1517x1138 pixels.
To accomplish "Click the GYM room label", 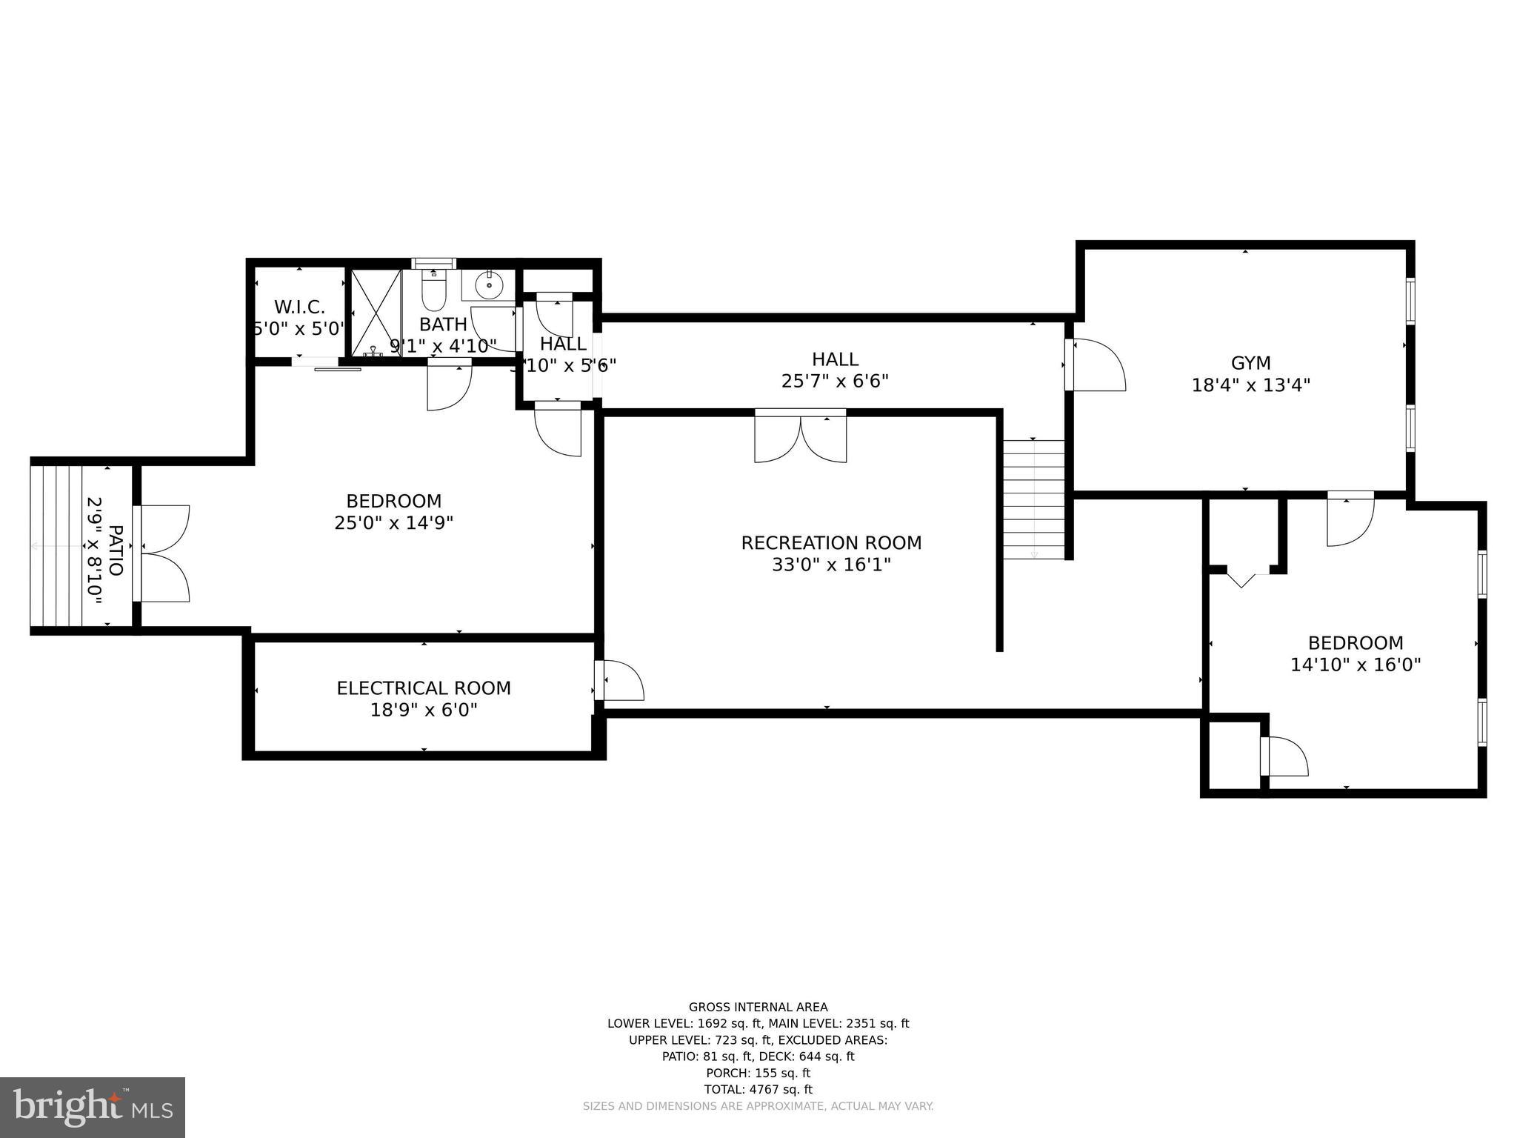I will [x=1250, y=363].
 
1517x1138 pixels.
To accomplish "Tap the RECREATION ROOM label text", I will [x=831, y=543].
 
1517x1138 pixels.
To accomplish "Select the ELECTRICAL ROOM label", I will [x=424, y=688].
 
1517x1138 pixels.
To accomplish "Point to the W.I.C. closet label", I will [x=299, y=307].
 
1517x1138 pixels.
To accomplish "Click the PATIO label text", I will [x=116, y=550].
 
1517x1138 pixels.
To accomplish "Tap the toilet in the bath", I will [x=433, y=293].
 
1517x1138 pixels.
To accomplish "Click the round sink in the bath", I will [x=489, y=284].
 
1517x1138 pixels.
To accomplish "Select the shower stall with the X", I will [x=376, y=313].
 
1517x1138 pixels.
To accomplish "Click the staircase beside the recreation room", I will [x=1033, y=499].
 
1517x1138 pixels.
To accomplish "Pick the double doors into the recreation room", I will [x=800, y=437].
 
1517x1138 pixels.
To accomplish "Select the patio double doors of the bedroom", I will [x=162, y=553].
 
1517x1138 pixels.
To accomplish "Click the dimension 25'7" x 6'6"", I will [x=835, y=381].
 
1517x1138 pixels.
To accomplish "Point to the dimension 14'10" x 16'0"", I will [x=1356, y=665].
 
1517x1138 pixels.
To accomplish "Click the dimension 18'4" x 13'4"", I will [x=1250, y=385].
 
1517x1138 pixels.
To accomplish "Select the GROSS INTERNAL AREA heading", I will [x=758, y=1007].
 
